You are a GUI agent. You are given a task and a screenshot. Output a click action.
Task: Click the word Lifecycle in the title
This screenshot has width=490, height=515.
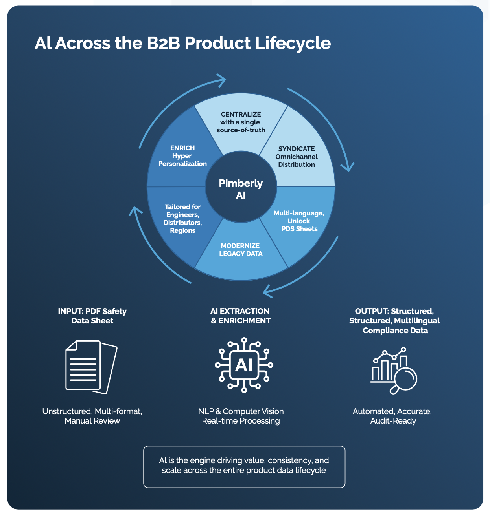click(293, 43)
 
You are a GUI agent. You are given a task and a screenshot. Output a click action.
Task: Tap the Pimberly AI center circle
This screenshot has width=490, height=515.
click(241, 189)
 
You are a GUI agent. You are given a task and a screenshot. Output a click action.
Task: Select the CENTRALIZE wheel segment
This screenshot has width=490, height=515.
click(241, 122)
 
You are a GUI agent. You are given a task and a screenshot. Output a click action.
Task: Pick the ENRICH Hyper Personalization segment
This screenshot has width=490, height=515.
click(182, 156)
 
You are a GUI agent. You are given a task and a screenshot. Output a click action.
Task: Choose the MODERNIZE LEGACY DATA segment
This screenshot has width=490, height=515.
click(241, 250)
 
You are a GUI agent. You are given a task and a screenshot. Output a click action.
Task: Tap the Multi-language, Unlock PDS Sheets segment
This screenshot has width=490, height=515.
click(299, 221)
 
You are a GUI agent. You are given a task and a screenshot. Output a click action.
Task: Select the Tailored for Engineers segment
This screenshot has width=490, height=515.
click(182, 219)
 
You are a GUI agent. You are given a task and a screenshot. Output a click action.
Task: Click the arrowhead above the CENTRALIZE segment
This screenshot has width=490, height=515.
click(222, 80)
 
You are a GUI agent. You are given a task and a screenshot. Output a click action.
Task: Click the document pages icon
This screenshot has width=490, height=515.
click(91, 367)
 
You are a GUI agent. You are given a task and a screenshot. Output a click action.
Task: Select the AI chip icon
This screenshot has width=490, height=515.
click(244, 365)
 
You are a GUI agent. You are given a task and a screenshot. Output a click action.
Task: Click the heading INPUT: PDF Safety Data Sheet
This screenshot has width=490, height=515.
click(92, 316)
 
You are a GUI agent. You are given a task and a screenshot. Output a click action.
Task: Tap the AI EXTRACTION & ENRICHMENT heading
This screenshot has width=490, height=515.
click(240, 316)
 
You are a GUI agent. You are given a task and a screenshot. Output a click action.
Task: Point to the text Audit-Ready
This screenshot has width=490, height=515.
click(393, 421)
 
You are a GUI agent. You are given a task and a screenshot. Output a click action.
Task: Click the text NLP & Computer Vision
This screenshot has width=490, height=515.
click(241, 411)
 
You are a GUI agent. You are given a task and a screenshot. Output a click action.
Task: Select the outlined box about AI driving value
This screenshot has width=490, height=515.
click(244, 466)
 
